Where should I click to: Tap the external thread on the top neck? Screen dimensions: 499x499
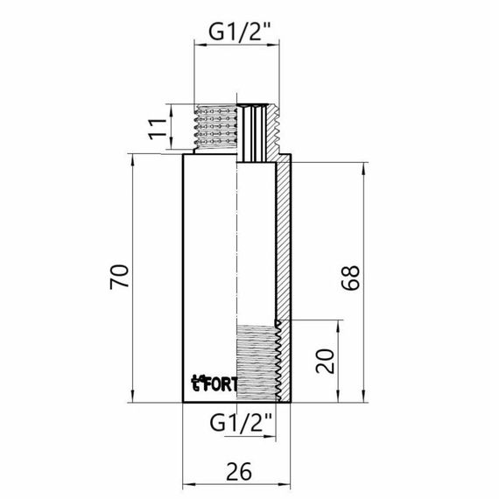point(215,127)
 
